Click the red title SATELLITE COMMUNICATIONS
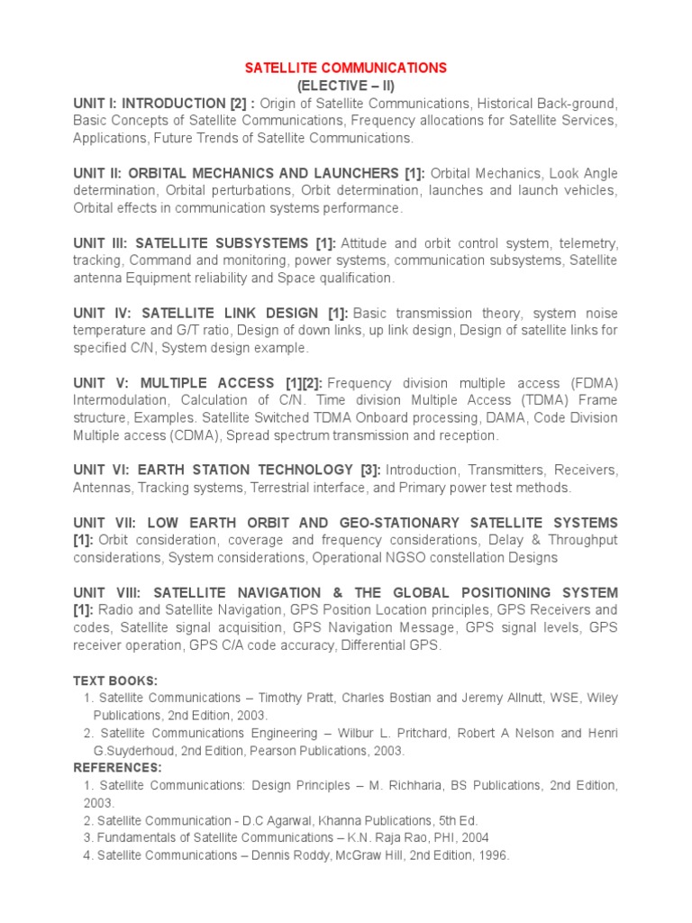pyautogui.click(x=347, y=68)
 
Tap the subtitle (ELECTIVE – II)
pyautogui.click(x=346, y=86)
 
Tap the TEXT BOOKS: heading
pyautogui.click(x=115, y=681)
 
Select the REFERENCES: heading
pyautogui.click(x=117, y=767)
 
